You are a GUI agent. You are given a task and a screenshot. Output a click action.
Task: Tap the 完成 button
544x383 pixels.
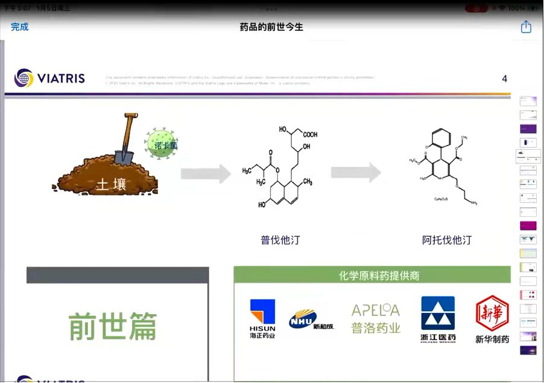[x=19, y=27]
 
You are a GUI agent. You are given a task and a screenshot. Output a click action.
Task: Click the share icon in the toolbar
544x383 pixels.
[x=526, y=27]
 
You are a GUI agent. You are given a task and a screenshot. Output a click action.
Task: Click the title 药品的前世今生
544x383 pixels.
[x=271, y=27]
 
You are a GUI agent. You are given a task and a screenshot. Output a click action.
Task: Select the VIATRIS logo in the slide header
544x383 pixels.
[x=50, y=78]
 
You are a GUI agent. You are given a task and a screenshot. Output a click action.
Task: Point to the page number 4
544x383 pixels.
[x=504, y=79]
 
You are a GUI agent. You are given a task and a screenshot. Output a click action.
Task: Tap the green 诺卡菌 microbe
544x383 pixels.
[x=162, y=146]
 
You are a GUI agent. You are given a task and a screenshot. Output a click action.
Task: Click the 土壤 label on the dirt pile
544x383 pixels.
[x=112, y=184]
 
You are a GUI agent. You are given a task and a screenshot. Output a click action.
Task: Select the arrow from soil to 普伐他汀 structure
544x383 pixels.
[x=206, y=174]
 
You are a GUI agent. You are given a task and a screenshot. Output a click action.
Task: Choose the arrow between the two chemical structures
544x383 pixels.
[x=356, y=173]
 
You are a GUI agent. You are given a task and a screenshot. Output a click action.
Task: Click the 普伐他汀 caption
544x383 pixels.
[x=280, y=240]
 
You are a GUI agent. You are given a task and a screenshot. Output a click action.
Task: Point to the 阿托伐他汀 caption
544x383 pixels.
[x=447, y=240]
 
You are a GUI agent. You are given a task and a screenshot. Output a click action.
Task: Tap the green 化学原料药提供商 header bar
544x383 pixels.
[x=372, y=275]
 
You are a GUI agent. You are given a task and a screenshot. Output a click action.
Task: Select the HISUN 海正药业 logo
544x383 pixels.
[x=262, y=318]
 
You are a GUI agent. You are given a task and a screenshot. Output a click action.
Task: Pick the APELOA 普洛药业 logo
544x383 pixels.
[x=376, y=318]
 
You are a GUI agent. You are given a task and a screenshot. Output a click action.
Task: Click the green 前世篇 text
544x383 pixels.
[x=113, y=326]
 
